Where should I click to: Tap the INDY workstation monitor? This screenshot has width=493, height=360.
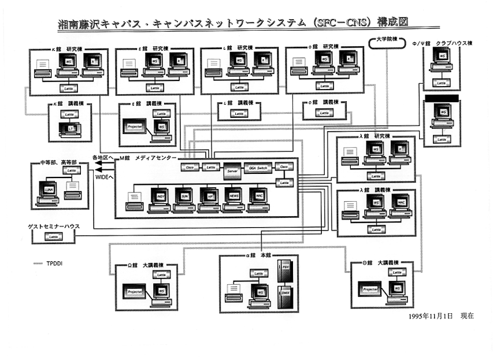coord(161,195)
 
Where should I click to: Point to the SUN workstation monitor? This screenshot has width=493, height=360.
coord(184,195)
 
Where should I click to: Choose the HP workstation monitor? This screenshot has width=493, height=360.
coord(209,195)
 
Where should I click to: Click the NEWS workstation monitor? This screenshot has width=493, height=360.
coord(233,195)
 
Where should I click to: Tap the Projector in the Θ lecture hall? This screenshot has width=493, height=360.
coord(370,289)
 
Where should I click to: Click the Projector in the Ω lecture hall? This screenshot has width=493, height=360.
coord(135,292)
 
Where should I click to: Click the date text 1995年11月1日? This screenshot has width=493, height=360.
coord(431,317)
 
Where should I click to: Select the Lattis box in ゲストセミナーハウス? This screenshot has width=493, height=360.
coord(53,236)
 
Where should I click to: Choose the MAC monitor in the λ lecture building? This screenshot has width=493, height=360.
coord(401,204)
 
